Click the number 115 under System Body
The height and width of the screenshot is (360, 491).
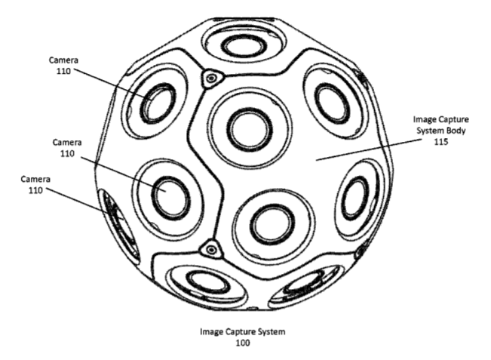click(441, 142)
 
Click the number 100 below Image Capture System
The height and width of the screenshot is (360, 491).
click(243, 343)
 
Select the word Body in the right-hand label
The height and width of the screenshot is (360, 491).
click(456, 131)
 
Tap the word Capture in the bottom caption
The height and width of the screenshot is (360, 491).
click(241, 331)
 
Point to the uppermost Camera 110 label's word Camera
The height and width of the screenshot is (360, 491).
click(63, 60)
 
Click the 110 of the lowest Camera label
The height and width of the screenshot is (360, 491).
click(35, 190)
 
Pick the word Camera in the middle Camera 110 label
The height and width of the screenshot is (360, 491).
click(67, 143)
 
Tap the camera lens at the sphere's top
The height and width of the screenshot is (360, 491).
click(244, 47)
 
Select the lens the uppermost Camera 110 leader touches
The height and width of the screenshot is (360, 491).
click(158, 103)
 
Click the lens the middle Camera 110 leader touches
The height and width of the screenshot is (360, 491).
click(171, 198)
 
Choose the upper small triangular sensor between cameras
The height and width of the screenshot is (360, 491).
click(212, 78)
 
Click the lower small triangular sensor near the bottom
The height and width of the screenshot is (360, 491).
click(212, 250)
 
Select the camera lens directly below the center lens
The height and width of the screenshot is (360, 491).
click(273, 225)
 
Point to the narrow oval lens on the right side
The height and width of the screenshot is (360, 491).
click(355, 198)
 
